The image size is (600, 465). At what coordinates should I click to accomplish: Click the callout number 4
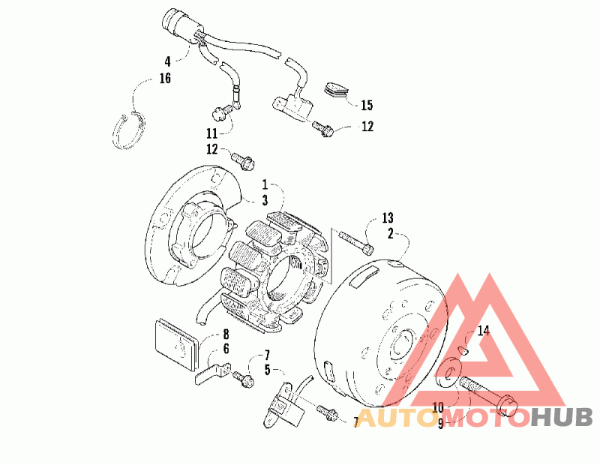pos(169,61)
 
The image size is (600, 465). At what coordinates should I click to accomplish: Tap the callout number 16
pos(164,78)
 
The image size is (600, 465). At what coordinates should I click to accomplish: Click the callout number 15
pos(367,106)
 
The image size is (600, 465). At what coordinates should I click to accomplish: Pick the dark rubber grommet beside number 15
pos(340,89)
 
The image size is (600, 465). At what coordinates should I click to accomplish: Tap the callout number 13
pos(387,218)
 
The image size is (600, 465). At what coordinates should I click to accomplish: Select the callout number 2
pos(391,234)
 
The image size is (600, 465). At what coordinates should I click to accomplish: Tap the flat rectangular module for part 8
pos(176,342)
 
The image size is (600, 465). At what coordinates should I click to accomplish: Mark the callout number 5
pos(267,369)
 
